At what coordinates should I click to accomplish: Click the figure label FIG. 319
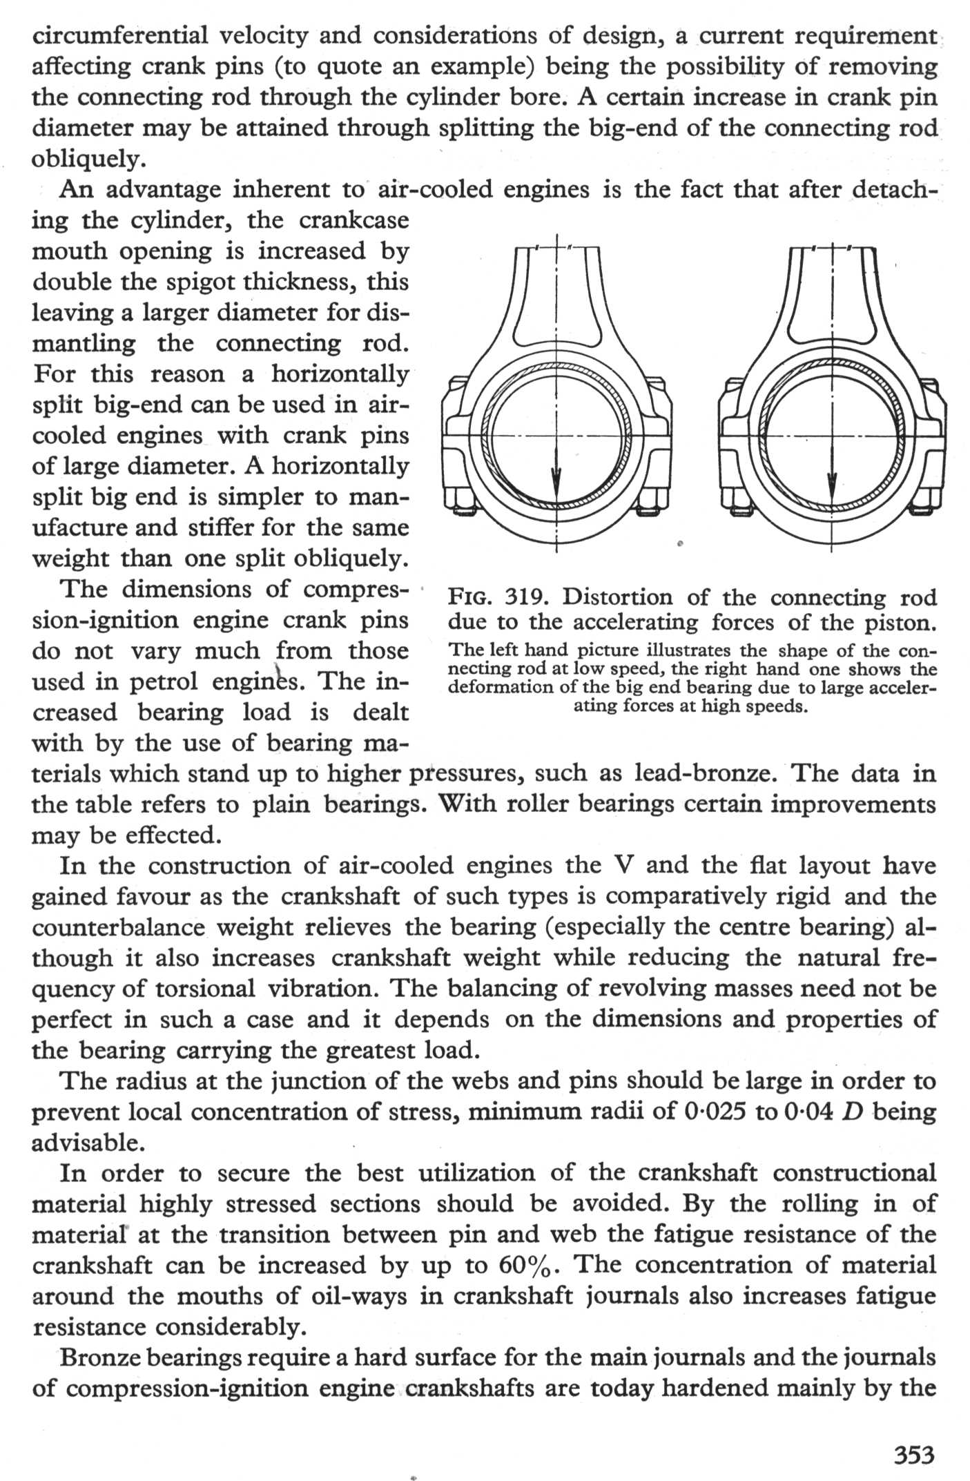pyautogui.click(x=492, y=597)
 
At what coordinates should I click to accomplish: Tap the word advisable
pyautogui.click(x=88, y=1143)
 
